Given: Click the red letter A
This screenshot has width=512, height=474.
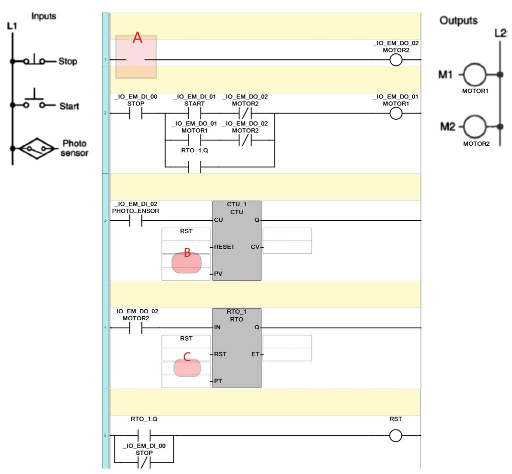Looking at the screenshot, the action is coord(137,37).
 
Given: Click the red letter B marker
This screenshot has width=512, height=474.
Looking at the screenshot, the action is coord(187,252).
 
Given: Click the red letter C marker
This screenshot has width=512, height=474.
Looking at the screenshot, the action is coord(187,357).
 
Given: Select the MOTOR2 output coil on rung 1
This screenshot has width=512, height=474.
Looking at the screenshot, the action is coord(396,60).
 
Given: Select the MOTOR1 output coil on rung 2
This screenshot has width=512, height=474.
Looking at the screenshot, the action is coord(396,113).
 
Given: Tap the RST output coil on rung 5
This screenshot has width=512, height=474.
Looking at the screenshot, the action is coord(395,436).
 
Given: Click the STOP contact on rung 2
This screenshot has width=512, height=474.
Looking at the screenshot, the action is coord(136,113).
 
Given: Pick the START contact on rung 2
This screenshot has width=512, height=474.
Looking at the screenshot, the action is coord(194,113).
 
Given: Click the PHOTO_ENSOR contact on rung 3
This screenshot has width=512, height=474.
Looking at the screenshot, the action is coord(136,221).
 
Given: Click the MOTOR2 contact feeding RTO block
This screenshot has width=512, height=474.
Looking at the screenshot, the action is coord(136,328).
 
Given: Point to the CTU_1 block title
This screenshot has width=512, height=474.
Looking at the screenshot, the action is coord(236,204).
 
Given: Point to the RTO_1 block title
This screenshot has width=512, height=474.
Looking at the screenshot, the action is coord(236,312).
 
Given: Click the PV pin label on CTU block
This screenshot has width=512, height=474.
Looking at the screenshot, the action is coord(218,274).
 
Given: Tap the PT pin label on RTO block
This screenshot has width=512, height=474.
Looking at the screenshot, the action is coord(218,381).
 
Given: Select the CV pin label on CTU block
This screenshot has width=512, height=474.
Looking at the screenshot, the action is coord(255,247).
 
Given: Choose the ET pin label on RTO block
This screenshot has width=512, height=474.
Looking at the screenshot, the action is coord(255,354).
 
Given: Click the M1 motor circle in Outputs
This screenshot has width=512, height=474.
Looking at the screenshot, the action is coord(475,75).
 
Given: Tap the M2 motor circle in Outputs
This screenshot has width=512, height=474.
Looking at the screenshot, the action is coord(475,126).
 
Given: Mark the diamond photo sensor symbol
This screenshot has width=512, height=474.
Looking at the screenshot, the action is coord(36,148).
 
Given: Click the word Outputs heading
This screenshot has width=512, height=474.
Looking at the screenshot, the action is coord(458,20).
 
